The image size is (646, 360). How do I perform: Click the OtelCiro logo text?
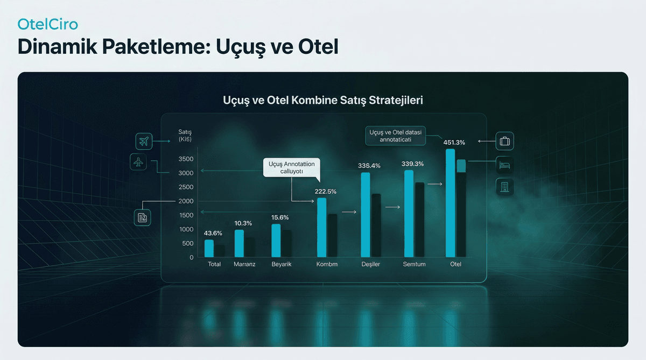point(48,25)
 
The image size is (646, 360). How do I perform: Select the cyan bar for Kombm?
point(321,227)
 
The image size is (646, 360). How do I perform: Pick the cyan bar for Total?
point(209,248)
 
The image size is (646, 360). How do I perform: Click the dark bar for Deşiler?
point(376,225)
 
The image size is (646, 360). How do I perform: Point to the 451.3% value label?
point(454,143)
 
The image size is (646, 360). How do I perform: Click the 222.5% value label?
point(325,192)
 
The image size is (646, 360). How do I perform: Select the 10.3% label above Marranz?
point(243,223)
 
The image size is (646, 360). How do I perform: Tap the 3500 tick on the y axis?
point(186,159)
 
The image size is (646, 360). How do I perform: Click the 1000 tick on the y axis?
point(186,229)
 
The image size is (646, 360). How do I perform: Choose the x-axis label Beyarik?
point(281,265)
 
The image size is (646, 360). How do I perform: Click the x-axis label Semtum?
point(414,265)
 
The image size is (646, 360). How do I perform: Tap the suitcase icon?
point(504,142)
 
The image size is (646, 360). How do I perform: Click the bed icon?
point(504,164)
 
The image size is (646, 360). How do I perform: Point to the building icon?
point(504,187)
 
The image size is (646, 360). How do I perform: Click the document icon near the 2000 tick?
point(143,217)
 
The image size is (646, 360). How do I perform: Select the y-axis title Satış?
point(185,132)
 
